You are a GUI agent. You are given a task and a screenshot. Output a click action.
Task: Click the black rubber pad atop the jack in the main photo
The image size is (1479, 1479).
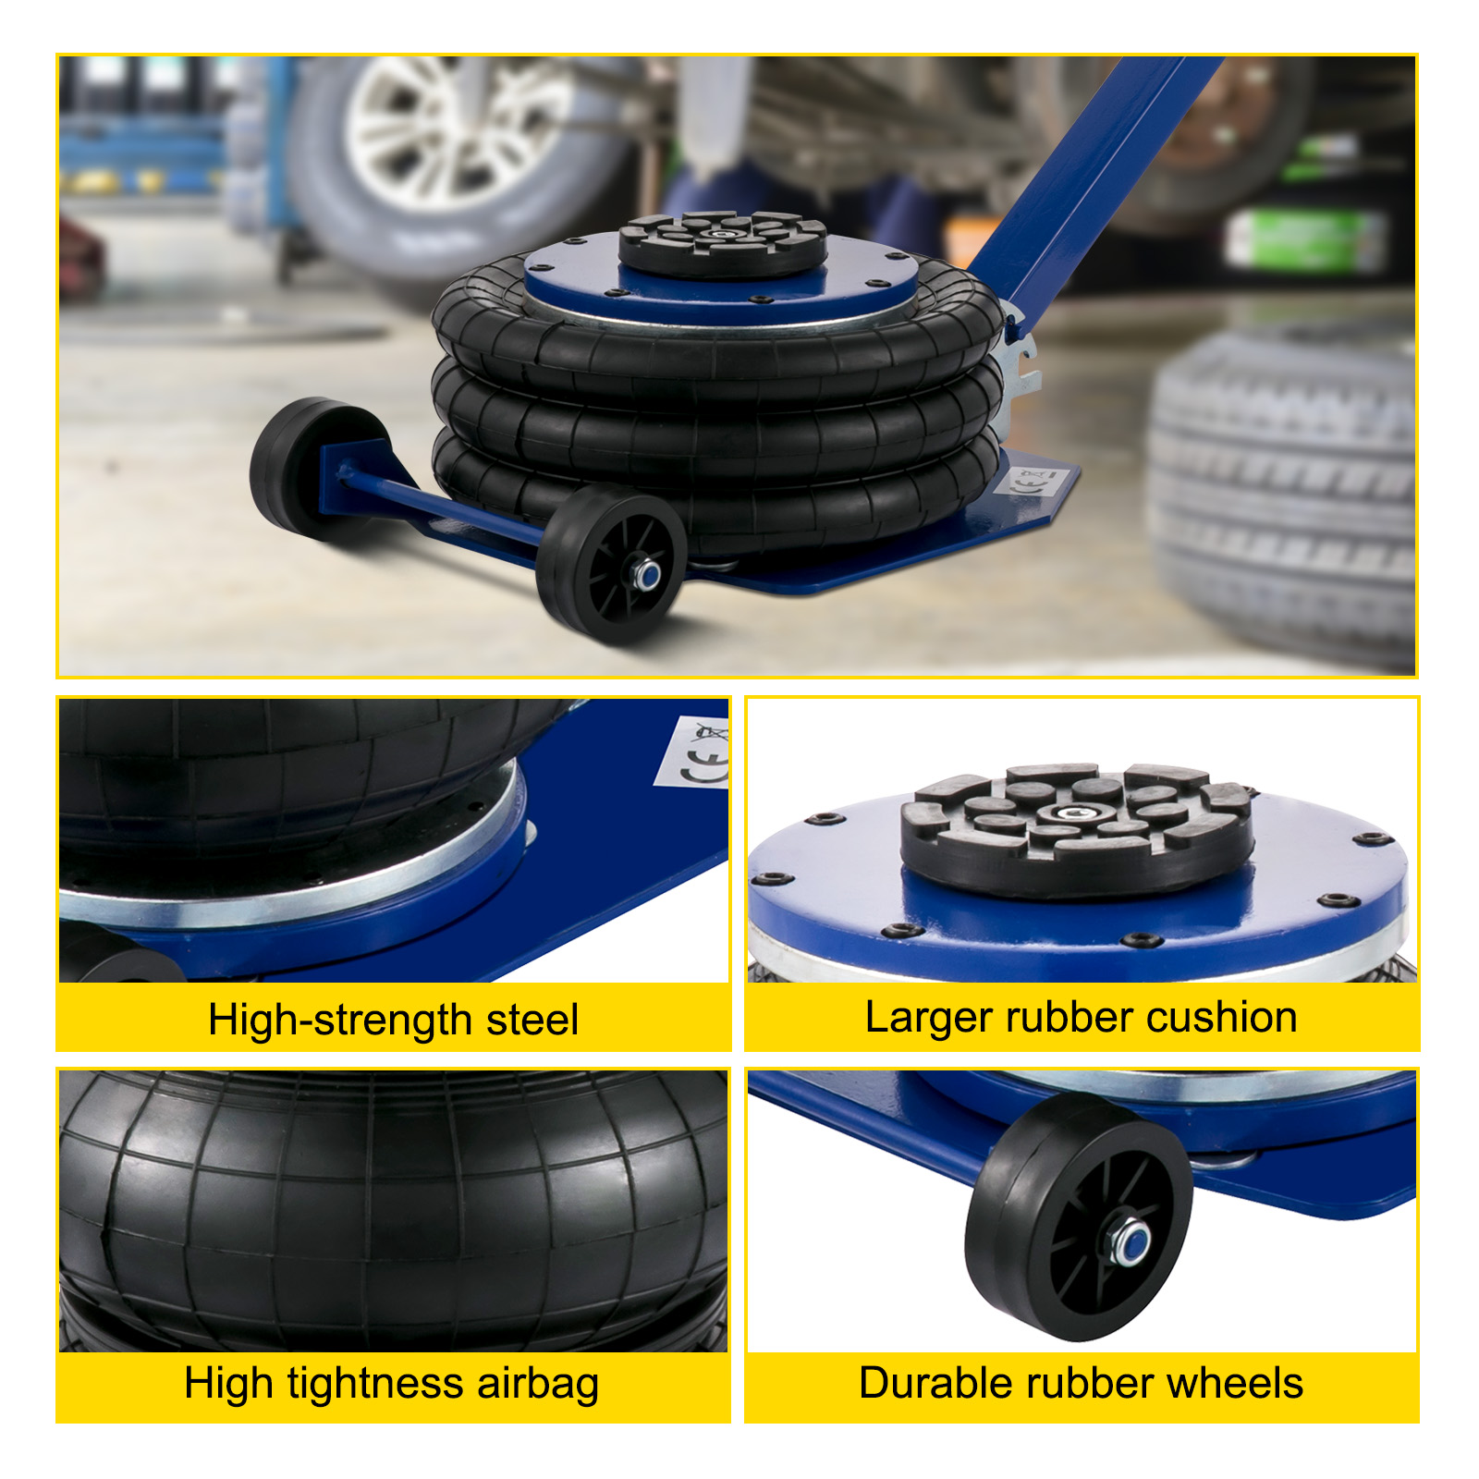pyautogui.click(x=723, y=243)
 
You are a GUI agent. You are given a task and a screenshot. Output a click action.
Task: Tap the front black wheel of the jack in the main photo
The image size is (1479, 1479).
pyautogui.click(x=611, y=564)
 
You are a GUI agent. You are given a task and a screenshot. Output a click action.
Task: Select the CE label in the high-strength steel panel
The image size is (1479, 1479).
pyautogui.click(x=693, y=752)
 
